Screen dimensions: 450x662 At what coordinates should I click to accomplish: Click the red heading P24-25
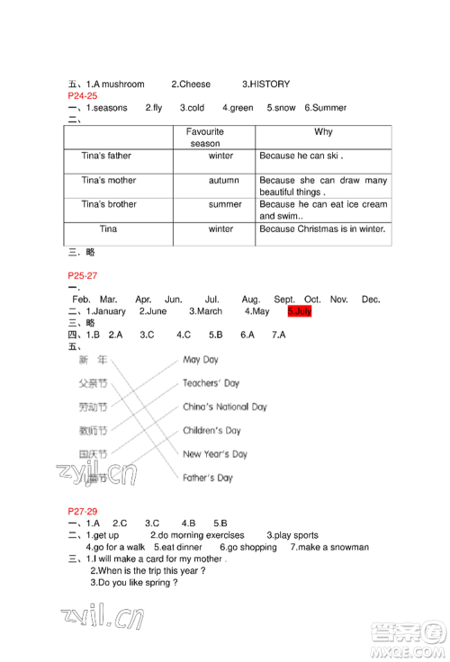(x=82, y=95)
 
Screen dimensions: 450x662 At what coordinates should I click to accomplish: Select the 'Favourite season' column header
(x=204, y=138)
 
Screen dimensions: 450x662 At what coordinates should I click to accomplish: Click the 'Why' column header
(x=323, y=132)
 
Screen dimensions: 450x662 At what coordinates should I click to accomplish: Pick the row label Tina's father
(x=106, y=157)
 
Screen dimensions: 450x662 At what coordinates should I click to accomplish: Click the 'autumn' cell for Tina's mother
(x=223, y=181)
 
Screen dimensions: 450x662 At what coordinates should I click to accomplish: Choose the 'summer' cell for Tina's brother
(x=225, y=205)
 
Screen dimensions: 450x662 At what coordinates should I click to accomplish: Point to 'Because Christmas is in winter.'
(x=322, y=229)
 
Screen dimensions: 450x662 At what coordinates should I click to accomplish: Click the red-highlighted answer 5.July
(x=300, y=311)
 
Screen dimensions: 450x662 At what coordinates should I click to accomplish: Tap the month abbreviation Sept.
(x=284, y=299)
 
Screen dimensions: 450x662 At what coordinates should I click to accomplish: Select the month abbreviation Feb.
(x=81, y=299)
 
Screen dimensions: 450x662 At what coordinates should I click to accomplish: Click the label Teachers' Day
(x=211, y=383)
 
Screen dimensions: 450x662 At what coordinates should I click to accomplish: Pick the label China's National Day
(x=224, y=407)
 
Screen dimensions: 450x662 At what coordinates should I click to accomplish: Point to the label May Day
(x=201, y=360)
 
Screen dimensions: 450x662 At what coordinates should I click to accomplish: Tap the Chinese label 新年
(x=92, y=360)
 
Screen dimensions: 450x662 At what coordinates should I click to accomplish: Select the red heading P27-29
(x=82, y=511)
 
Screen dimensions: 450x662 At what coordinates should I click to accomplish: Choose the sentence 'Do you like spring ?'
(x=135, y=583)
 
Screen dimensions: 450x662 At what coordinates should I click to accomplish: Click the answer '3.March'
(x=205, y=311)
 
